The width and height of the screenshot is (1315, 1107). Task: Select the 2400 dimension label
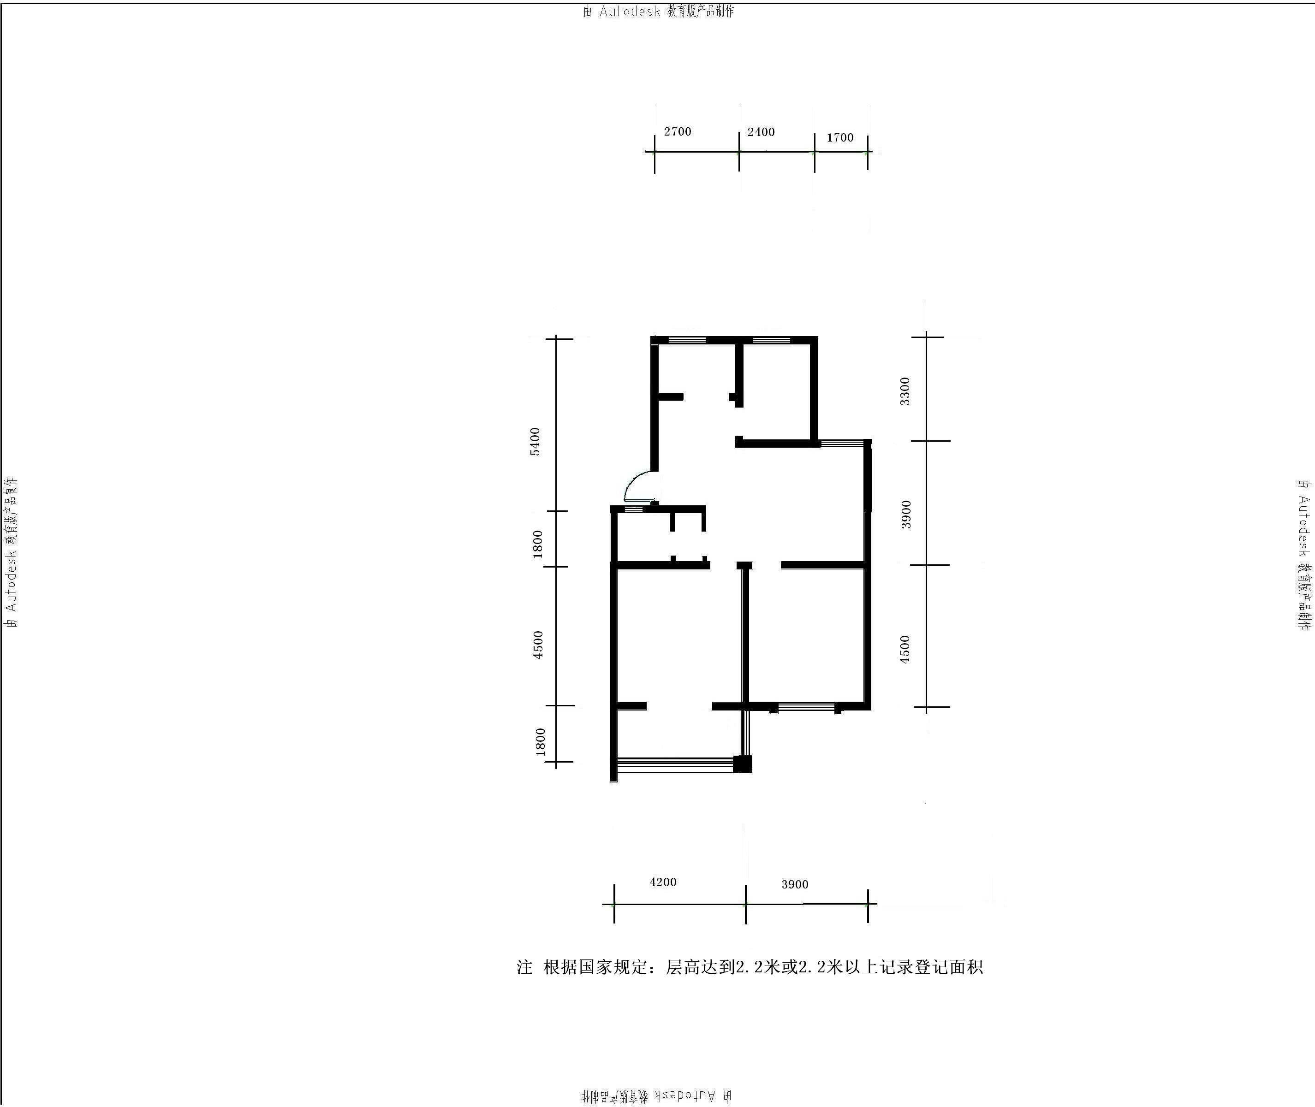[761, 132]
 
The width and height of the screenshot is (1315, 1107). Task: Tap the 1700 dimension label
[840, 137]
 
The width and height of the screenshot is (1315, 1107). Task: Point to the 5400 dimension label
[535, 441]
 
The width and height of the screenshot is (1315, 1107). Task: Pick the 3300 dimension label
[904, 391]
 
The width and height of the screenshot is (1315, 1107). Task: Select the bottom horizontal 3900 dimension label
[795, 884]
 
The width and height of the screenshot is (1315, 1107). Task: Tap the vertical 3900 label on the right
[906, 515]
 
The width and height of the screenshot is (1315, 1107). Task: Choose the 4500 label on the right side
[904, 650]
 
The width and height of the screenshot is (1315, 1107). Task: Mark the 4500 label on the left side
[537, 645]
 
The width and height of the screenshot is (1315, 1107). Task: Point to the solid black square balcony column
[743, 764]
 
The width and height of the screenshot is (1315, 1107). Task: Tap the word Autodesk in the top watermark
[630, 11]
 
